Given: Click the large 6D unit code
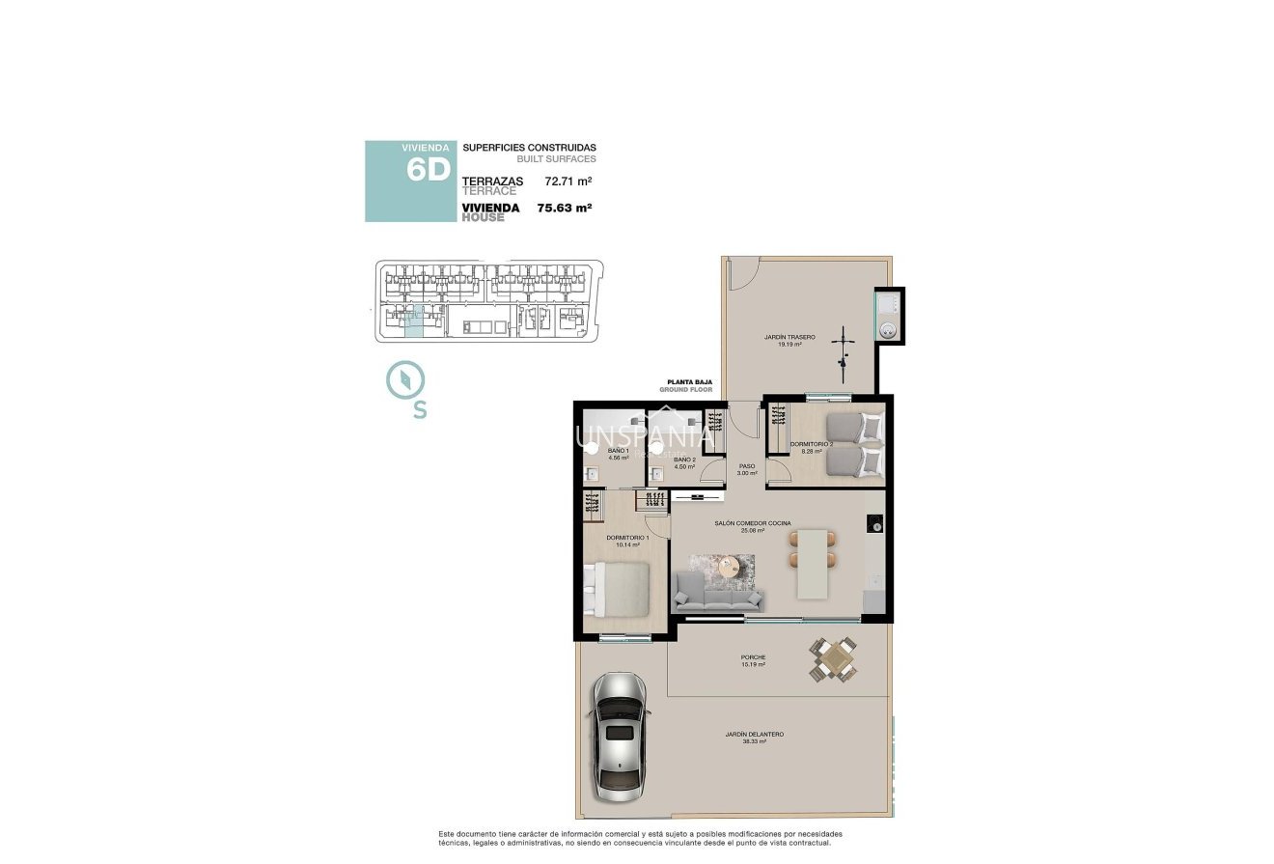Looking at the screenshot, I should coord(429,170).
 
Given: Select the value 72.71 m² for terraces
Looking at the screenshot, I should coord(568,181).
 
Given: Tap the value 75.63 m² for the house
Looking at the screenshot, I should coord(564,208).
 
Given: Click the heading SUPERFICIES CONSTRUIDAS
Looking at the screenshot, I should coord(529,148).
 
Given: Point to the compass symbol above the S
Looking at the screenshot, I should coord(402,379).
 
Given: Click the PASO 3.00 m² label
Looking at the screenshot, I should coord(746,469).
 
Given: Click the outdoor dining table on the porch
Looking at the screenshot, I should coord(833,660).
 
